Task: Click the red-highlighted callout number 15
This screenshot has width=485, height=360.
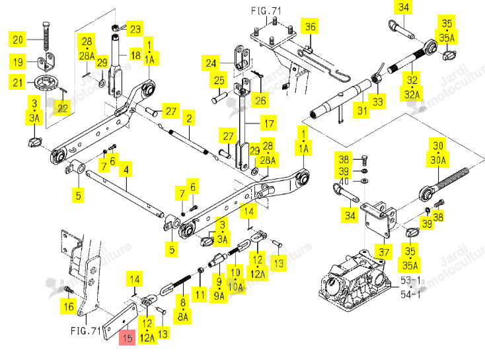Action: pyautogui.click(x=128, y=338)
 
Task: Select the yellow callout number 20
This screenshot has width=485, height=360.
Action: pyautogui.click(x=18, y=40)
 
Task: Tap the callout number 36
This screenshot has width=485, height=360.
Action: pyautogui.click(x=311, y=26)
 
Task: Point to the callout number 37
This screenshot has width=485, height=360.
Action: pyautogui.click(x=384, y=252)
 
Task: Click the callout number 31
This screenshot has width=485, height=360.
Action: pyautogui.click(x=362, y=110)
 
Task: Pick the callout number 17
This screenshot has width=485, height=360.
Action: pyautogui.click(x=269, y=124)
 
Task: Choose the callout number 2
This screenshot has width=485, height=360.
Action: pyautogui.click(x=189, y=118)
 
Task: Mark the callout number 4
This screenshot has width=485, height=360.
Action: pyautogui.click(x=126, y=169)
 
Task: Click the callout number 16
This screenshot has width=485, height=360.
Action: pyautogui.click(x=69, y=306)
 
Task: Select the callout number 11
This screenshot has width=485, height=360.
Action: pyautogui.click(x=200, y=295)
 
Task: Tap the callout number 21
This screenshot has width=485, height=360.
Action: pyautogui.click(x=18, y=83)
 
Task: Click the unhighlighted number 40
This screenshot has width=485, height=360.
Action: pyautogui.click(x=344, y=181)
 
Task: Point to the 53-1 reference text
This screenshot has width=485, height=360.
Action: pyautogui.click(x=410, y=281)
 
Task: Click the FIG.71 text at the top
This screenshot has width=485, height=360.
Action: pyautogui.click(x=266, y=11)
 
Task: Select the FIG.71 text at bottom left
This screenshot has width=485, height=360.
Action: pyautogui.click(x=86, y=331)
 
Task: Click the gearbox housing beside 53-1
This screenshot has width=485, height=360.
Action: pyautogui.click(x=354, y=281)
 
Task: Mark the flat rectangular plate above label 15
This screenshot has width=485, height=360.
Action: pyautogui.click(x=120, y=322)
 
